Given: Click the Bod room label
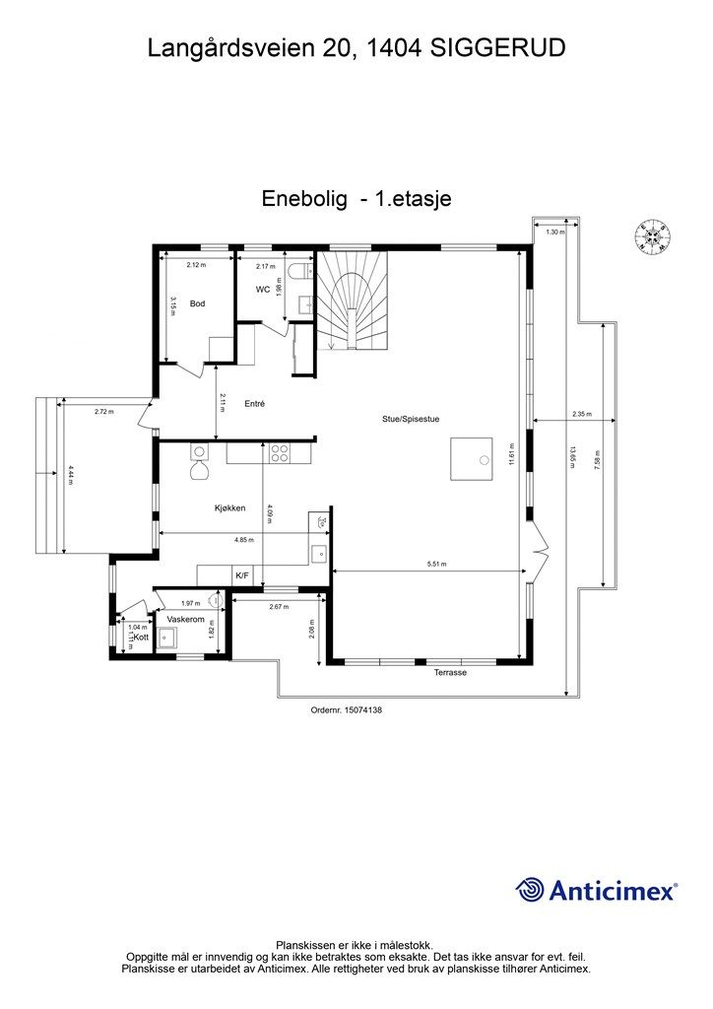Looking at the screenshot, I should (197, 303).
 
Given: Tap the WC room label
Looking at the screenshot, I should (263, 290).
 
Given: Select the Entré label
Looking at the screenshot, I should (255, 403).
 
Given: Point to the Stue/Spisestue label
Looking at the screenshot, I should (411, 419).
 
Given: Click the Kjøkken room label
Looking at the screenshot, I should (229, 508).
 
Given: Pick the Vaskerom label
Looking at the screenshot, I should (184, 619).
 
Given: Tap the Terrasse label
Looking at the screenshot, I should (450, 672).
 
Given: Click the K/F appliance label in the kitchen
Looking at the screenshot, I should (241, 574).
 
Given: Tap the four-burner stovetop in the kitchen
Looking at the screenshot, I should (280, 454).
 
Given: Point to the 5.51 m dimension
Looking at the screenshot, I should (436, 565).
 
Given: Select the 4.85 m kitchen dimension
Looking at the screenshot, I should (243, 540).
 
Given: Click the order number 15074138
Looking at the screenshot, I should (346, 707).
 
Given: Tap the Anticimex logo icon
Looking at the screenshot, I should (530, 890).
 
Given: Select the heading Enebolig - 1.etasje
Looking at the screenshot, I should (356, 198).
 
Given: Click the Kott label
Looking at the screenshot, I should (141, 638).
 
